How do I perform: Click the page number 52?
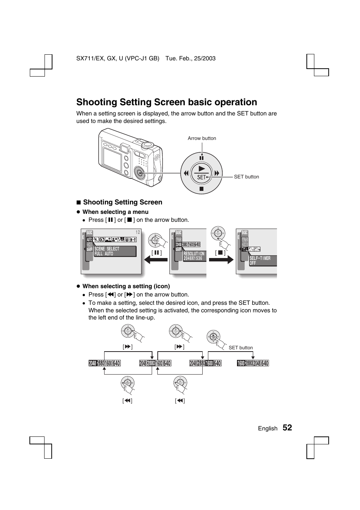(287, 427)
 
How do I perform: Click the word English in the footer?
(268, 429)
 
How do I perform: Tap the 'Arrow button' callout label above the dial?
(202, 138)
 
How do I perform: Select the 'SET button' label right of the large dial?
(246, 177)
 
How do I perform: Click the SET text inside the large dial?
(202, 177)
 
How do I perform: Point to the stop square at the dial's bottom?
(202, 189)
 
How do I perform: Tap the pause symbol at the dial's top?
(202, 158)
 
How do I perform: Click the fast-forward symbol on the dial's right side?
(217, 173)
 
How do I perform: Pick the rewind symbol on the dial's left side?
(186, 173)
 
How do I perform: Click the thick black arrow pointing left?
(155, 260)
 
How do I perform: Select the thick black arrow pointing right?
(222, 260)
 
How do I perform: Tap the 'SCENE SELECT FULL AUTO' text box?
(115, 251)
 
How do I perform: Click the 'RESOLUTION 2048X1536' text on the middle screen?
(194, 256)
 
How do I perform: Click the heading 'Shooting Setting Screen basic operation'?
(166, 102)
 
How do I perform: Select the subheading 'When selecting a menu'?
(115, 212)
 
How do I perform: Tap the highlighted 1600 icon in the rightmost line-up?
(241, 363)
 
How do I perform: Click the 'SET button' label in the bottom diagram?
(241, 348)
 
